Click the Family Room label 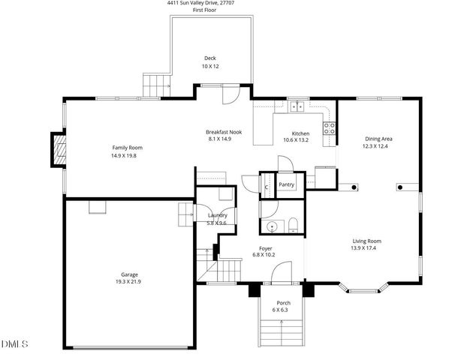tap(127, 148)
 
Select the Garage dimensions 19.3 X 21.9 tap(129, 282)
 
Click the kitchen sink tap(298, 106)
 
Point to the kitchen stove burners tap(328, 127)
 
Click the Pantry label tap(286, 184)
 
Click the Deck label tap(211, 58)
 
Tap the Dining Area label tap(378, 139)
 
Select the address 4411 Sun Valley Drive tap(198, 3)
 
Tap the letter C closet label tap(267, 187)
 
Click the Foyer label tap(265, 247)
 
